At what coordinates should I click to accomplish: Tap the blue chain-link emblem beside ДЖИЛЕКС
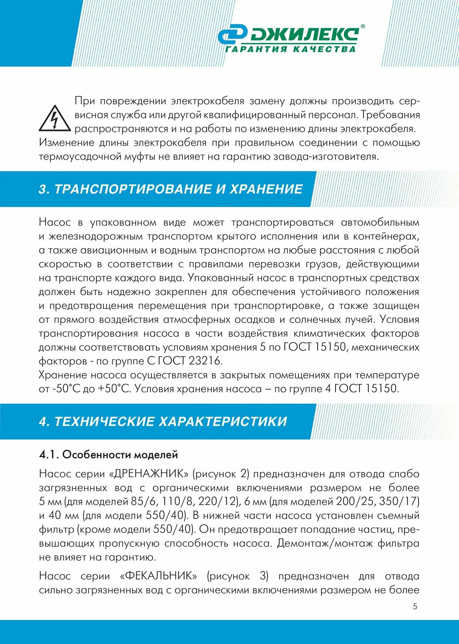click(232, 35)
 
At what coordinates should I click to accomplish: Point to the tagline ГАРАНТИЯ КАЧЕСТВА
click(290, 49)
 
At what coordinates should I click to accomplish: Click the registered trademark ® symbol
click(362, 27)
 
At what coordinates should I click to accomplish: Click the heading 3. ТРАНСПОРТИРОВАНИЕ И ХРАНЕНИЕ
click(171, 189)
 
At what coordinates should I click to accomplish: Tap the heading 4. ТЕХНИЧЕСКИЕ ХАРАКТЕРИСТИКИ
click(163, 421)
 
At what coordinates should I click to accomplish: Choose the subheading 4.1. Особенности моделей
click(108, 455)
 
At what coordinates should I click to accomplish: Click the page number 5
click(415, 607)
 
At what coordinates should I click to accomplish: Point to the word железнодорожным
click(96, 236)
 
